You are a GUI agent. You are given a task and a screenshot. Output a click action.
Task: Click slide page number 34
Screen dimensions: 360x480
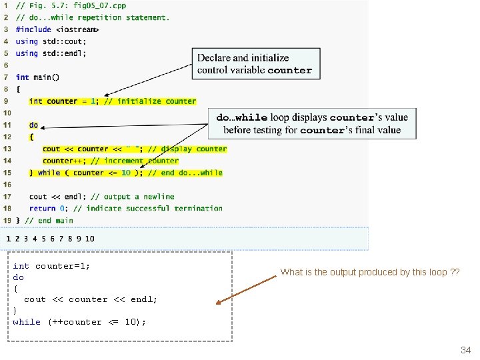click(x=465, y=351)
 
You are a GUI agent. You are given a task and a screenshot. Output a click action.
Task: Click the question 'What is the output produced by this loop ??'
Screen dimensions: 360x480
click(x=369, y=272)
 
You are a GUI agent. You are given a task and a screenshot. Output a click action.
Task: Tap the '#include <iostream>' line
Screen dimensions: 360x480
click(x=57, y=29)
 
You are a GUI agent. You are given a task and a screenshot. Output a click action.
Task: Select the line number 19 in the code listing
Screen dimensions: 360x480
click(x=7, y=220)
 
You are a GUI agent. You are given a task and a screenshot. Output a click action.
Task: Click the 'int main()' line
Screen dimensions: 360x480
click(x=37, y=77)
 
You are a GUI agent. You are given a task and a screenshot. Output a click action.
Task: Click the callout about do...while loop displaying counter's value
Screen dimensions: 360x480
click(x=312, y=124)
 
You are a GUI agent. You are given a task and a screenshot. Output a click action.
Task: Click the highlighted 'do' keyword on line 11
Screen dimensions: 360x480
click(x=33, y=125)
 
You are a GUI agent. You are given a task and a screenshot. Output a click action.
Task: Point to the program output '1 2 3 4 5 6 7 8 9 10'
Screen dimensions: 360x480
click(x=51, y=239)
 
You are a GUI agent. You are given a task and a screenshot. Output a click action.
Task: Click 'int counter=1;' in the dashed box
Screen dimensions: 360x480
click(x=51, y=266)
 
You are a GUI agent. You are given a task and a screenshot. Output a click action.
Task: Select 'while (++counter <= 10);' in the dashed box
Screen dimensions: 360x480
click(x=79, y=322)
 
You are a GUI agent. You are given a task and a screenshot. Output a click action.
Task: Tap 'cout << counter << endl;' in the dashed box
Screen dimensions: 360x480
click(x=91, y=299)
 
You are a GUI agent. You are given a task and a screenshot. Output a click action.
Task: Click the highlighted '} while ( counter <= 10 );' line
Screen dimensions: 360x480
click(x=125, y=173)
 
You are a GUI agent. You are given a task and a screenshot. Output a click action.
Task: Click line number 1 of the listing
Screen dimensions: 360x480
click(x=6, y=5)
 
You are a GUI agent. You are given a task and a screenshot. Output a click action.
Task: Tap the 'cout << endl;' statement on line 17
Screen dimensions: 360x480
click(x=57, y=197)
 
